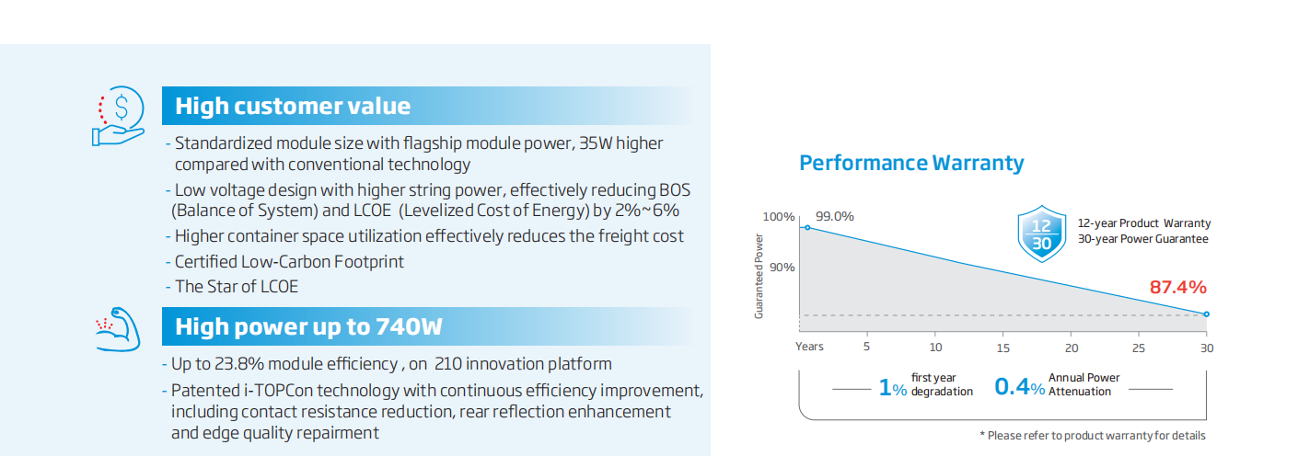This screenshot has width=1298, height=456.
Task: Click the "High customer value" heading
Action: coord(293,106)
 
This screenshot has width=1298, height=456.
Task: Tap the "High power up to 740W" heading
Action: coord(308,326)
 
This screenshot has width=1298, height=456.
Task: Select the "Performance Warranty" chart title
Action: coord(911,164)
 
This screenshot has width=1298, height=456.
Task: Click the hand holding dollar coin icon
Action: coord(118,116)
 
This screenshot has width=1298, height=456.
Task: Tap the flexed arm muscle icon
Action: coord(119,329)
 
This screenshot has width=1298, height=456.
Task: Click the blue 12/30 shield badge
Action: coord(1041,234)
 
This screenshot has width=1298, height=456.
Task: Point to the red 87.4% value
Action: coord(1178,287)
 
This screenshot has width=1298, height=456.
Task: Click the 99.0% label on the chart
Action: coord(834,216)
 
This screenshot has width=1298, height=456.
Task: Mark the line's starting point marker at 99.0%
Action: coord(807,227)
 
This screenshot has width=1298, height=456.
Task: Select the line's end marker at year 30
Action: coord(1207,314)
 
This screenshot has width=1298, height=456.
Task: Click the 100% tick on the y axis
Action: coord(778,217)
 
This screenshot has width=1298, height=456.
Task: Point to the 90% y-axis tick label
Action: coord(782,268)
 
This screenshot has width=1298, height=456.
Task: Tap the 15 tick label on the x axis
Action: coord(1003,348)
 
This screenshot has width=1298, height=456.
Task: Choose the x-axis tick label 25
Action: coord(1139,348)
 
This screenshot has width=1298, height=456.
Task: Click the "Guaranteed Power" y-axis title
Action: coord(759,276)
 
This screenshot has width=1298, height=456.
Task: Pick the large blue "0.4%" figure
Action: coord(1019,386)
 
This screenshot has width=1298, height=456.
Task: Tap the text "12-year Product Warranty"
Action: coord(1144,223)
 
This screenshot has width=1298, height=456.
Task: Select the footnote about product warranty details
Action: coord(1093,436)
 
